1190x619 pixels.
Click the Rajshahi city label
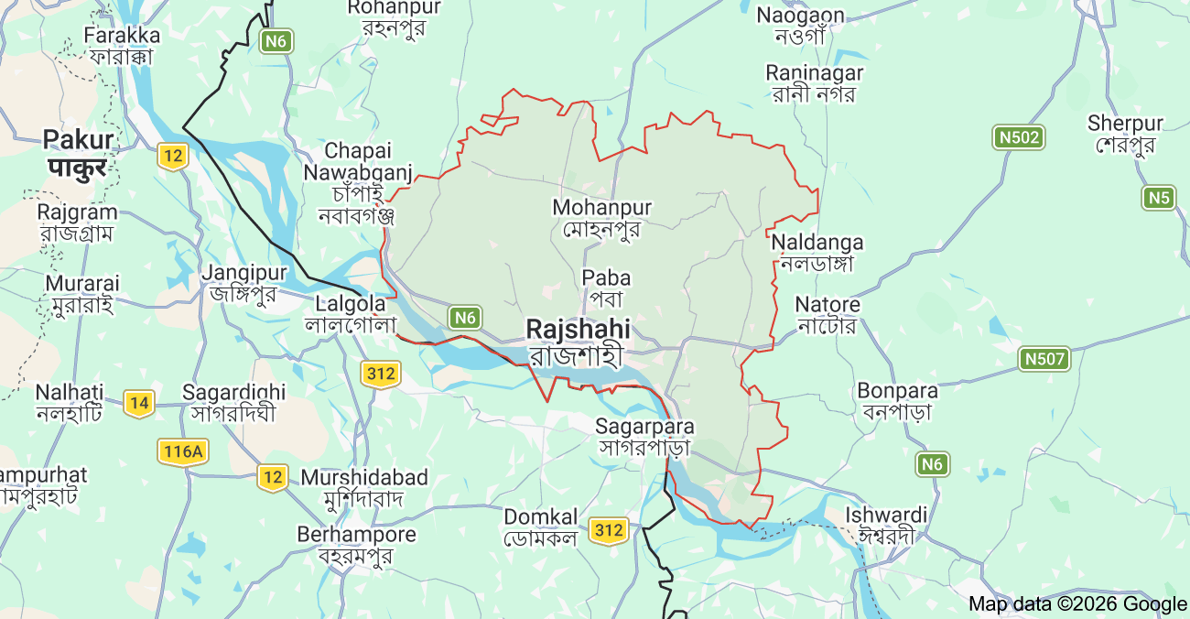(x=578, y=341)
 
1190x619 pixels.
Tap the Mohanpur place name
(x=601, y=218)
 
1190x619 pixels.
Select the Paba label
(x=606, y=288)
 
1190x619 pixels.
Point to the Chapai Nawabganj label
(x=357, y=182)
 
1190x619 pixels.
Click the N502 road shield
(x=1018, y=137)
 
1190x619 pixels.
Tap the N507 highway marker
(x=1044, y=359)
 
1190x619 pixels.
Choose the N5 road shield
(x=1158, y=197)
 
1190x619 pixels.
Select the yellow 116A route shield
(x=184, y=451)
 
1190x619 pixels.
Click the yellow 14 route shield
(x=138, y=402)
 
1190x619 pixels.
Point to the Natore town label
(x=827, y=314)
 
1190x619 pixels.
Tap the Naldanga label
(x=817, y=253)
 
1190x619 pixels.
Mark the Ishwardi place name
(x=886, y=525)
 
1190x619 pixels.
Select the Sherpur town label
(x=1125, y=134)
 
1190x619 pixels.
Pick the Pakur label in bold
(x=79, y=153)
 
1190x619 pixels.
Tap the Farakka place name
(x=122, y=46)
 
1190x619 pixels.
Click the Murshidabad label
(x=363, y=488)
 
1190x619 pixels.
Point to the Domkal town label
(x=540, y=527)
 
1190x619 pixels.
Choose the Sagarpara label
(x=644, y=436)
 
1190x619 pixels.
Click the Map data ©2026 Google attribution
(x=1077, y=603)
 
